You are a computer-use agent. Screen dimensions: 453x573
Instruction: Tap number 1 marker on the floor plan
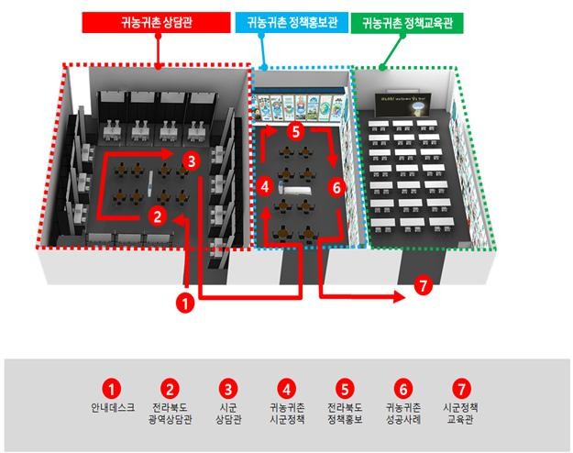[x=185, y=301]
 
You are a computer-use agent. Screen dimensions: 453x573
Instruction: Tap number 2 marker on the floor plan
[x=158, y=216]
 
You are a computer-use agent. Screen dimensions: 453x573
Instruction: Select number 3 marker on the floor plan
[x=190, y=162]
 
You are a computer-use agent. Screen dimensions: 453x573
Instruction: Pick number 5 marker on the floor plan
[x=294, y=131]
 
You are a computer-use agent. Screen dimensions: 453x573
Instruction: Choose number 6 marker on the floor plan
[x=336, y=187]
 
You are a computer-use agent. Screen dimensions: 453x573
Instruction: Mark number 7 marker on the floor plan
[x=422, y=285]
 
